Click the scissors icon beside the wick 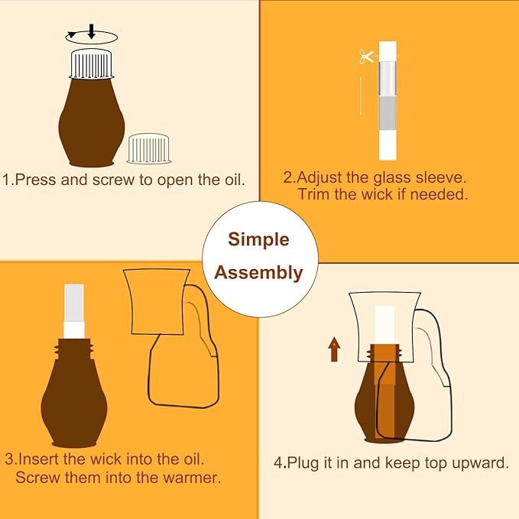tap(367, 57)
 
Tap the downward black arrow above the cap tap(92, 31)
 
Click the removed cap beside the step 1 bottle tap(148, 148)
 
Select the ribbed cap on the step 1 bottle tap(92, 64)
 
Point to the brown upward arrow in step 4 tap(334, 349)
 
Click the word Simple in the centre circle tap(258, 239)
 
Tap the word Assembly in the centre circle tap(258, 273)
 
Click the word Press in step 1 tap(35, 180)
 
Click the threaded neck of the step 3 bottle tap(74, 349)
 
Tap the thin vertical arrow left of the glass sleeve tap(361, 96)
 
